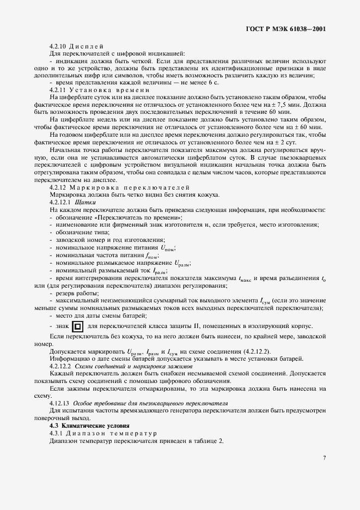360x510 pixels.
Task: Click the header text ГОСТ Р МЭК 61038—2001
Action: (288, 30)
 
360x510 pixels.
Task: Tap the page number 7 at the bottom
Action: (324, 458)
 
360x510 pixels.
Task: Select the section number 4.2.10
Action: (58, 46)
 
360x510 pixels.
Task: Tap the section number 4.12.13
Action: (59, 403)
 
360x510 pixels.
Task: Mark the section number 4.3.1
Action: (58, 433)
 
